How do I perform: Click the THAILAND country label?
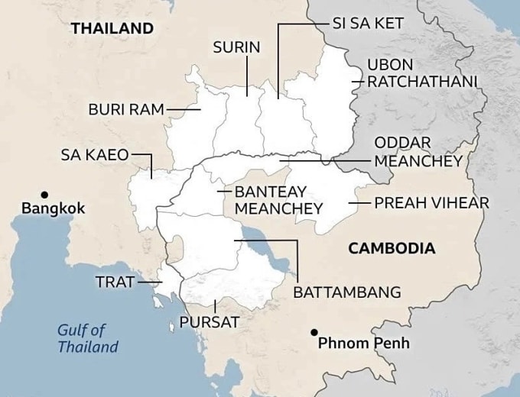pos(112,29)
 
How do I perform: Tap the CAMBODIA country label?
pos(391,248)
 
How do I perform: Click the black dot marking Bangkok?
pos(45,194)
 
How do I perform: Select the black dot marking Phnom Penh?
pos(314,332)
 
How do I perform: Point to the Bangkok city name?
pos(53,208)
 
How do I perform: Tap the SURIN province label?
pos(236,47)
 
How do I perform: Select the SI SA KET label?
pos(367,23)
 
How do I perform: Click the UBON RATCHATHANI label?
pos(421,73)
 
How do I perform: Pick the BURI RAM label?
pos(126,109)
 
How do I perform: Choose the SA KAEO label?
pos(95,155)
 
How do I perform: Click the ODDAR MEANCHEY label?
pos(418,153)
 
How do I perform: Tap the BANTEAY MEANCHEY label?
pos(278,200)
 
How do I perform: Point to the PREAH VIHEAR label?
pos(431,204)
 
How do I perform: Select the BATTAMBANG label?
pos(347,292)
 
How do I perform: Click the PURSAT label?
pos(209,322)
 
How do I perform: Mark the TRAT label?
pos(115,282)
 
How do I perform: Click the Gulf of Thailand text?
pos(87,339)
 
